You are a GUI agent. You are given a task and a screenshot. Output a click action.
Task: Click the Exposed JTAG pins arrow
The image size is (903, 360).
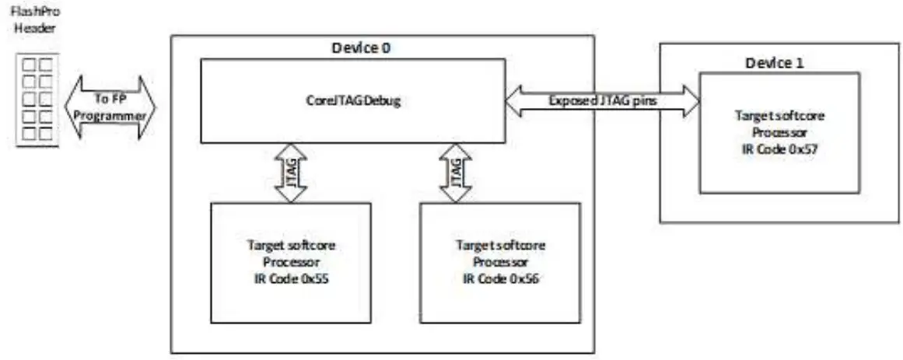click(603, 101)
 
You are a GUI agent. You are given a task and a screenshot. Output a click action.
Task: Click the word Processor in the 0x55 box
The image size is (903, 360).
click(290, 260)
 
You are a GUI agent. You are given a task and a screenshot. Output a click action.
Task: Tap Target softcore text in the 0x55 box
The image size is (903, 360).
click(290, 246)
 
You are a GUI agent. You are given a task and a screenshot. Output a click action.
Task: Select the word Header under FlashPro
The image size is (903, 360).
click(33, 30)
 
